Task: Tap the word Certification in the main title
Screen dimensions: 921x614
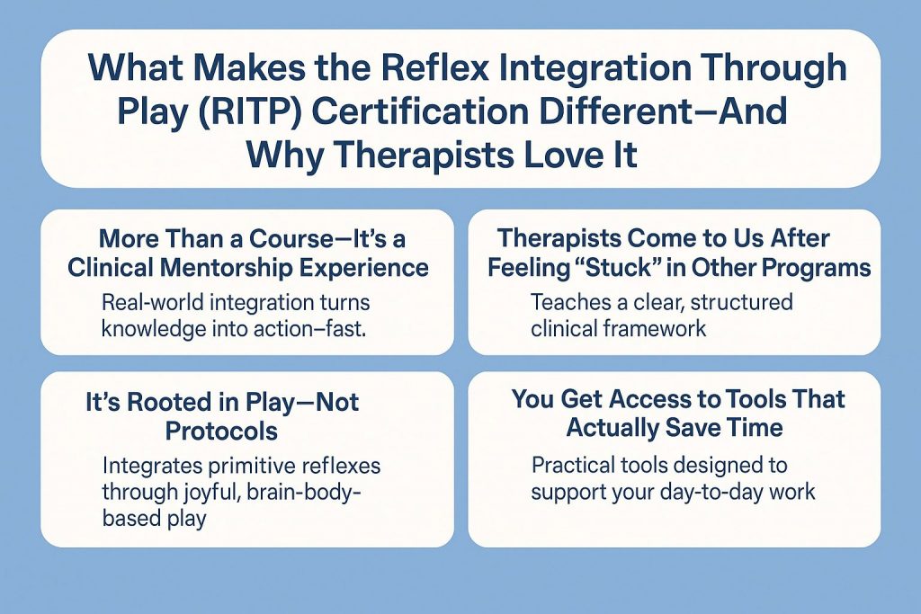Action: point(421,111)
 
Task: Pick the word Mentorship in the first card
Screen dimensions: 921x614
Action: point(226,267)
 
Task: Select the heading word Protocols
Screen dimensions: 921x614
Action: point(221,432)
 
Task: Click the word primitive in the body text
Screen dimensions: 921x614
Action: point(252,466)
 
